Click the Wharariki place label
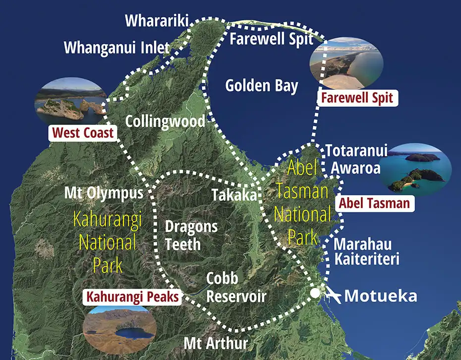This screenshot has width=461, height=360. point(158,21)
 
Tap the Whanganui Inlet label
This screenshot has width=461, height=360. point(117,49)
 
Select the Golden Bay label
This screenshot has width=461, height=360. point(261,86)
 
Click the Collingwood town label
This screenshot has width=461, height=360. point(165,121)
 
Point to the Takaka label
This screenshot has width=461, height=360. point(235,195)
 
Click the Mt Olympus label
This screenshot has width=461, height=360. point(104,193)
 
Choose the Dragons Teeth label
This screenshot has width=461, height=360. point(191,236)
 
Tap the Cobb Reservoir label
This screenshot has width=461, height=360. point(236,288)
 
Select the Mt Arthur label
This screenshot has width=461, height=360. point(215,343)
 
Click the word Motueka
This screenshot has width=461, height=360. point(380,296)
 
